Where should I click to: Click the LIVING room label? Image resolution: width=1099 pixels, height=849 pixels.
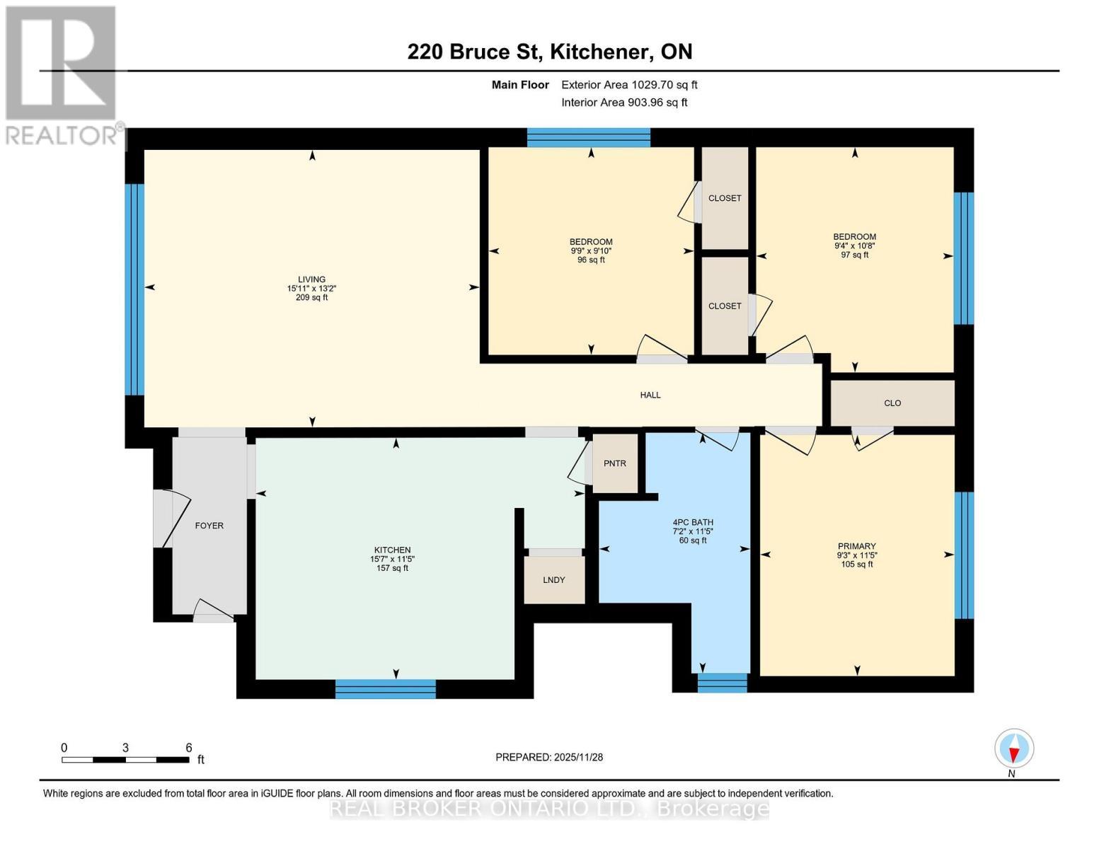pos(311,279)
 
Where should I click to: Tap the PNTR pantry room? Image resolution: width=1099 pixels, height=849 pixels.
pos(615,463)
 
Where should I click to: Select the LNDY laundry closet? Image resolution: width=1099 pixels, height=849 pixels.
pos(554,579)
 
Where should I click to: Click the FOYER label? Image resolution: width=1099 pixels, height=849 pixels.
pos(209,526)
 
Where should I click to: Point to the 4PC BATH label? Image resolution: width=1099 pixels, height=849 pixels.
pos(693,523)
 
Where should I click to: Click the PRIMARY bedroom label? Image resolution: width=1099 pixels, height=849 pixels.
pos(856,546)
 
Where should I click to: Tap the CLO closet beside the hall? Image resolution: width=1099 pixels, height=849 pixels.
pos(892,403)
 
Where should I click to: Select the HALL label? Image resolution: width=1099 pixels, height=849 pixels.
pos(650,395)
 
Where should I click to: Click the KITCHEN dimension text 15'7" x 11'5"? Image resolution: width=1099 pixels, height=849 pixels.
pos(392,559)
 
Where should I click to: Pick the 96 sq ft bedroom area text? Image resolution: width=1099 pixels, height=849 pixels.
pos(591,260)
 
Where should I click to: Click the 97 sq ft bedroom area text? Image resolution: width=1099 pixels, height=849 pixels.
pos(854,255)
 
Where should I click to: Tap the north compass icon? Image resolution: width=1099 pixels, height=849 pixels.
pos(1014,749)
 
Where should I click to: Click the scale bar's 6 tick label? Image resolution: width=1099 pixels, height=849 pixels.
pos(189,747)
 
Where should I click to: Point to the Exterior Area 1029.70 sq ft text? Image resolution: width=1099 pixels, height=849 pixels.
pos(629,85)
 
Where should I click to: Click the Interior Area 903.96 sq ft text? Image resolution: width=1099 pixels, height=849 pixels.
pos(624,103)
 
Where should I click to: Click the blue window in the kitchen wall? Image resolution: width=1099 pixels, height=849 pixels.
pos(385,689)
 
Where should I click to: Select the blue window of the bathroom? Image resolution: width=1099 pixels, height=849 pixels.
pos(722,683)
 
